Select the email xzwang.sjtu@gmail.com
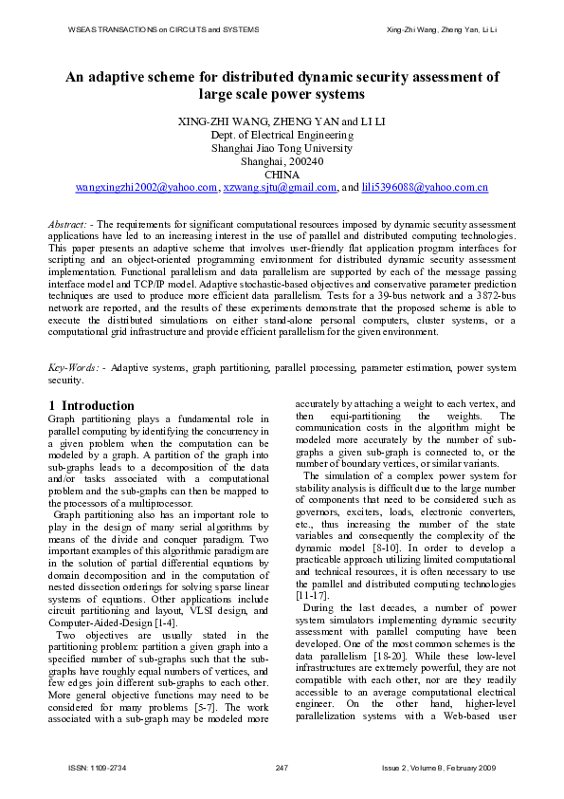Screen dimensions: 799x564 coord(280,188)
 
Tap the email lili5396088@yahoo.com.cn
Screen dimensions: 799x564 coord(425,188)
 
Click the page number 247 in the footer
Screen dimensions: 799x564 coord(282,767)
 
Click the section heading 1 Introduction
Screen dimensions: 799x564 coord(91,405)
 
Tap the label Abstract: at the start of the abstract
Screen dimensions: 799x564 coord(68,223)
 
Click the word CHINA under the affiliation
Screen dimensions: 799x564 coord(282,175)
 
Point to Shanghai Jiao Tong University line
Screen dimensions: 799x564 coord(282,148)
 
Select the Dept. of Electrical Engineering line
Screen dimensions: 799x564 coord(282,135)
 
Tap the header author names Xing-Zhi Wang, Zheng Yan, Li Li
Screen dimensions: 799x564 coord(443,30)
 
